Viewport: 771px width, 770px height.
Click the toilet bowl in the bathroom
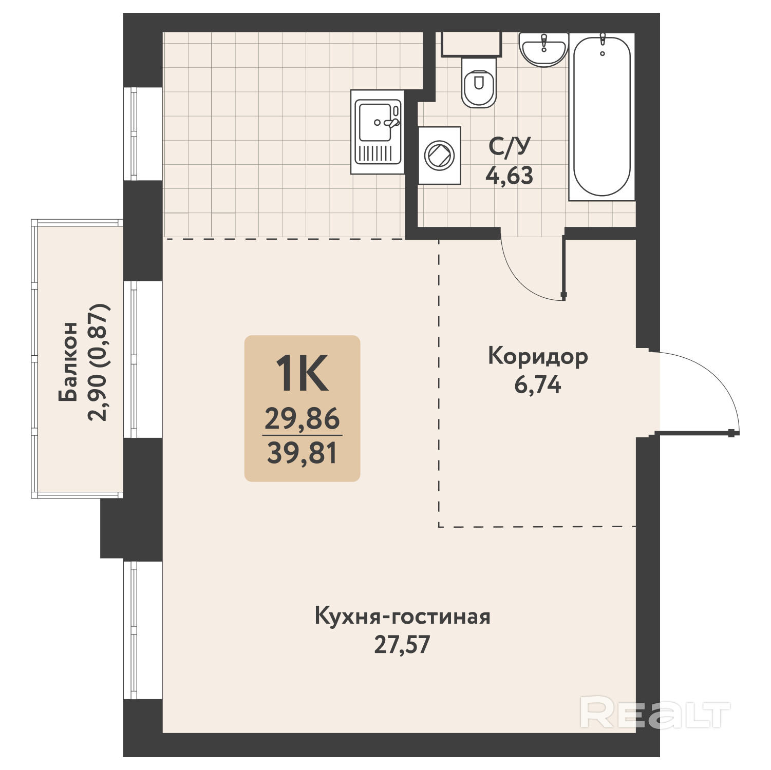click(x=479, y=82)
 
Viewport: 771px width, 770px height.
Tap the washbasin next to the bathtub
click(x=543, y=49)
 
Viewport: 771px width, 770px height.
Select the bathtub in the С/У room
click(x=602, y=116)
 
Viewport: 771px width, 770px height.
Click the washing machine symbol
click(x=439, y=155)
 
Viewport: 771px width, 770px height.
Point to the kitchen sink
click(x=377, y=131)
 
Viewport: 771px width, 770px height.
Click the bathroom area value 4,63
click(x=510, y=176)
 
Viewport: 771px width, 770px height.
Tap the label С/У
click(x=510, y=146)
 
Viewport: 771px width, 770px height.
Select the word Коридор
click(x=538, y=357)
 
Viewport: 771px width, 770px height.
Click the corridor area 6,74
click(x=538, y=384)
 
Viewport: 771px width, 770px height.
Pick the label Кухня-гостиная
click(x=402, y=616)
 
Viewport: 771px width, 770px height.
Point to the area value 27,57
click(x=402, y=645)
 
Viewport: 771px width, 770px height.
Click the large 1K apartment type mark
click(x=302, y=374)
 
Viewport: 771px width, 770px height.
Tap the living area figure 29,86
click(x=302, y=418)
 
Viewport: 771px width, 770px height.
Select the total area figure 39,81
click(x=302, y=453)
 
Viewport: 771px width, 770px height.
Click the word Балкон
click(x=68, y=361)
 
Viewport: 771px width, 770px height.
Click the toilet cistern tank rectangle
click(x=471, y=44)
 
